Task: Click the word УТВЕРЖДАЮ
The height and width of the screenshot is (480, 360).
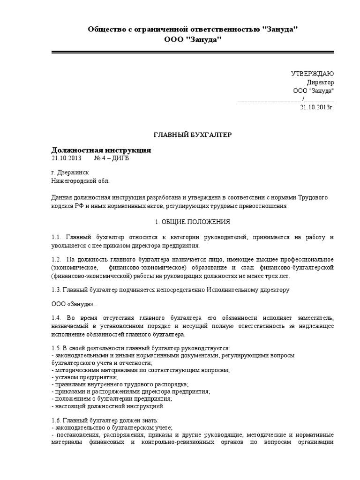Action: tap(313, 74)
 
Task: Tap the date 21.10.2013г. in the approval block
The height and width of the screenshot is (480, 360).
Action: tap(317, 107)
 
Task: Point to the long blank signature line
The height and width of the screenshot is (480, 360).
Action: tap(269, 99)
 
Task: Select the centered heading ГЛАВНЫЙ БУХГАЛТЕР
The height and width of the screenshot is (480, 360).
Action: tap(193, 135)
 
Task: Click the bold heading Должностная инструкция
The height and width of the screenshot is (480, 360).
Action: tap(101, 150)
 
